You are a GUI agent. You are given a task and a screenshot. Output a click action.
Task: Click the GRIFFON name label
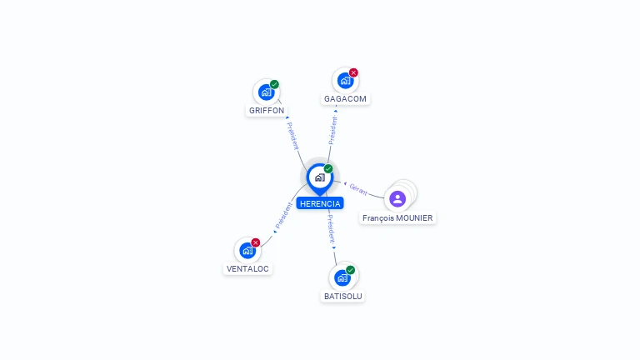267,111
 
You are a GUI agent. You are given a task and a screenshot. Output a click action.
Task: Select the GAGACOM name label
345,99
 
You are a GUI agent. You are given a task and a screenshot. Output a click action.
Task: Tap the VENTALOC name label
247,269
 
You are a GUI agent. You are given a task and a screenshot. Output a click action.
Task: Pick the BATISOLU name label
342,297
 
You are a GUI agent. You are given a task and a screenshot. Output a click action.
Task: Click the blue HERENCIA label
320,203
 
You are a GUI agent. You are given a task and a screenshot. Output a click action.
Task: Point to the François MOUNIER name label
397,218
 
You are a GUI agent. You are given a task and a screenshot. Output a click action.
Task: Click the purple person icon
397,199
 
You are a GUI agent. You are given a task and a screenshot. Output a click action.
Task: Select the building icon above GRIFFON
266,92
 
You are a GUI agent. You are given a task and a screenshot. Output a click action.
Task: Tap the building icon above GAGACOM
345,80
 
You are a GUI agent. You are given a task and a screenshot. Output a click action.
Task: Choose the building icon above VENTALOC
247,251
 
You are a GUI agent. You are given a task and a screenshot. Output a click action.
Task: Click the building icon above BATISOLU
342,278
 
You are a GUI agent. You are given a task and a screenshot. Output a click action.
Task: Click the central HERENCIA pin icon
320,178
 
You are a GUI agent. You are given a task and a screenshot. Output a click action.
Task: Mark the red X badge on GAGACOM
353,72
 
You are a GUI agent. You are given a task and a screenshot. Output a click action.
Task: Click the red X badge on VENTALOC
256,242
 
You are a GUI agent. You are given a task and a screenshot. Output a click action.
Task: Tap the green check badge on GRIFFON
274,84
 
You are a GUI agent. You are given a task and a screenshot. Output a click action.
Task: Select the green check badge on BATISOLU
350,270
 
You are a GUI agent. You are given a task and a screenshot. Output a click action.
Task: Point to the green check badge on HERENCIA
328,168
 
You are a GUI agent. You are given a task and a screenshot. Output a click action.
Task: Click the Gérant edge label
358,189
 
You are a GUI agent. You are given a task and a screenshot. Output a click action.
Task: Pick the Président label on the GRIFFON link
292,136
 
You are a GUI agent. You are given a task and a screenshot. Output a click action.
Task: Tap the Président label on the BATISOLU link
332,229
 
